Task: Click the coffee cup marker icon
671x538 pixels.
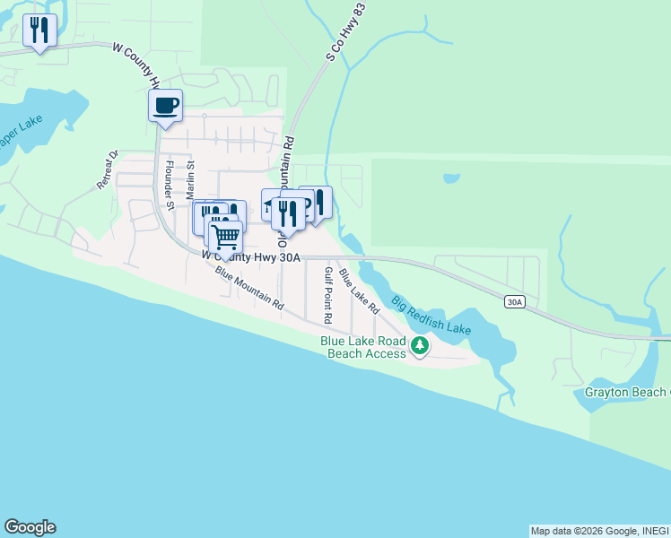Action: click(x=165, y=106)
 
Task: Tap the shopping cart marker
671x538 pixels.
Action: click(x=225, y=238)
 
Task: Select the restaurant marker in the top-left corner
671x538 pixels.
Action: click(x=39, y=30)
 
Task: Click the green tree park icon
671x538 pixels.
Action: click(x=420, y=344)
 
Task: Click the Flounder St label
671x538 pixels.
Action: click(x=169, y=184)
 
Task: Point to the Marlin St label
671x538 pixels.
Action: click(x=190, y=177)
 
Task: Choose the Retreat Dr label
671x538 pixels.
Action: click(x=108, y=169)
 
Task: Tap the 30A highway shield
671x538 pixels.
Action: click(x=513, y=302)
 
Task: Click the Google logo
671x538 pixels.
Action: click(x=30, y=527)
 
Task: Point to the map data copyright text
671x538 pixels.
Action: click(x=598, y=531)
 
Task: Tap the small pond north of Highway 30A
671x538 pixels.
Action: click(x=451, y=178)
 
